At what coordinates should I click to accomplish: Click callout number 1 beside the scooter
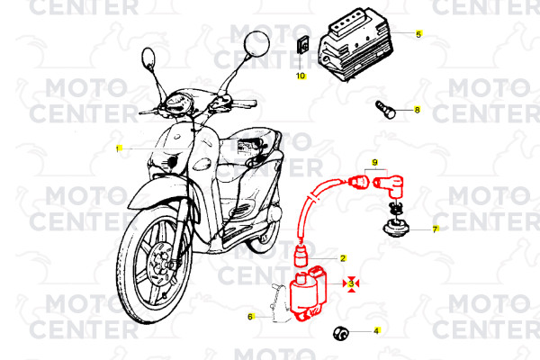point(119,148)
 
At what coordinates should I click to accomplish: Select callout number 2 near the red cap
point(343,258)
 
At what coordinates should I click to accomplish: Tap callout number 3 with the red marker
point(351,283)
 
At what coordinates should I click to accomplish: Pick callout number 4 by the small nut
point(376,331)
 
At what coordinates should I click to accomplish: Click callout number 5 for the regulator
point(418,34)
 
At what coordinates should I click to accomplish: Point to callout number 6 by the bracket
point(250,317)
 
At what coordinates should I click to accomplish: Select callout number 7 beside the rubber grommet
point(436,229)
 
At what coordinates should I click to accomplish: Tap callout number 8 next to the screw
point(417,110)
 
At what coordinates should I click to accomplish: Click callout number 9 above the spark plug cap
point(375,162)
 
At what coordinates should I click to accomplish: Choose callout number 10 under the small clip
point(301,76)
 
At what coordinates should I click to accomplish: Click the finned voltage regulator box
point(355,44)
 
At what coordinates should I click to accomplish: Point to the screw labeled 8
point(385,110)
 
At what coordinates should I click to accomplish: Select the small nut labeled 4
point(341,333)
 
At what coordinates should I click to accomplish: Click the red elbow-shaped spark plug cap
point(390,186)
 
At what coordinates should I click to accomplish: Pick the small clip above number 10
point(302,45)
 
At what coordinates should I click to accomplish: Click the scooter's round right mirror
point(256,43)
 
